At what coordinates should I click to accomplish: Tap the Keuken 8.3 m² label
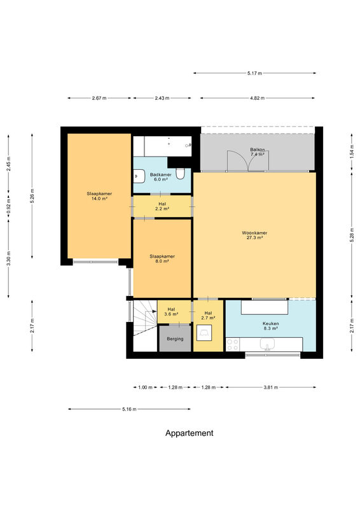(270, 326)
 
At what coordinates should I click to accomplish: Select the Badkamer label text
(161, 174)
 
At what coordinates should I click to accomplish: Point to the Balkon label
(258, 150)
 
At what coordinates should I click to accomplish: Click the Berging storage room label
(175, 339)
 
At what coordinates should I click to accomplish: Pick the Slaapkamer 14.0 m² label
(99, 196)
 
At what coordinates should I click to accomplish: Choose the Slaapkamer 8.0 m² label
(162, 258)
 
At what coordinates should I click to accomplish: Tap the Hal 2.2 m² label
(162, 206)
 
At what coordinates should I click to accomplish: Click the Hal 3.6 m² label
(171, 312)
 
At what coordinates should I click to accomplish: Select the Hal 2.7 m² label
(208, 316)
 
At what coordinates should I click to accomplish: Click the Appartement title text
(190, 433)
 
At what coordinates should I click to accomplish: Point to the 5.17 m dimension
(254, 73)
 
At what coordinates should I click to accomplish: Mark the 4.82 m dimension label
(257, 98)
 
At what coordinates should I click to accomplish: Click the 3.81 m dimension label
(270, 387)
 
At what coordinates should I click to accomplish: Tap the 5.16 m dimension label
(129, 409)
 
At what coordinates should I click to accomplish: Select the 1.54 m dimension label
(352, 151)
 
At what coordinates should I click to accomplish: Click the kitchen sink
(267, 344)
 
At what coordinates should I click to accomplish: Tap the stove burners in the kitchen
(232, 344)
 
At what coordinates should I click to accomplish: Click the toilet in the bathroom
(180, 174)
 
